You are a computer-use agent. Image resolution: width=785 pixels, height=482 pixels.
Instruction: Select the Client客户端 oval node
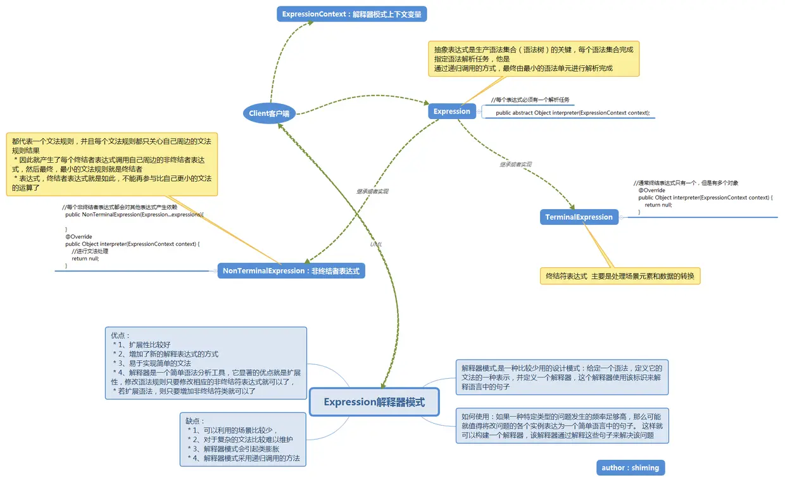click(269, 113)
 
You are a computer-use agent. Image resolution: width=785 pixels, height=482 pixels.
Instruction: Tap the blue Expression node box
click(451, 111)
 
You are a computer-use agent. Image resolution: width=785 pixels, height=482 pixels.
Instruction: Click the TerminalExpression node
click(579, 217)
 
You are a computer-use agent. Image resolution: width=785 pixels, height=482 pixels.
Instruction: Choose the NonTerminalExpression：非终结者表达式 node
click(291, 271)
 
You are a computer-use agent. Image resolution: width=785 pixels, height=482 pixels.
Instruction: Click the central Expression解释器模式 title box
click(374, 402)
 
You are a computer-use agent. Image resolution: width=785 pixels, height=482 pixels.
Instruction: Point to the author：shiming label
click(630, 467)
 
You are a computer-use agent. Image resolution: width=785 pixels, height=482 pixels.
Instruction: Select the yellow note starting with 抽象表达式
click(533, 58)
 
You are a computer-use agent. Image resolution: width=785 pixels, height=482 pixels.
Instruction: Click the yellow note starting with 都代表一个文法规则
click(111, 163)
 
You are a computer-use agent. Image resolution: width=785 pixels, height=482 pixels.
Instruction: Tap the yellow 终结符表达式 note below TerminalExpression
click(620, 276)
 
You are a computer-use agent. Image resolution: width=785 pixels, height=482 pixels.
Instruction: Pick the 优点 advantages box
click(206, 363)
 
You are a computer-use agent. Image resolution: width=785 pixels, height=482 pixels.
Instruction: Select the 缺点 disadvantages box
click(243, 440)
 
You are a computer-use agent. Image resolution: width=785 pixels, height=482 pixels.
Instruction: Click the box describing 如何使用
click(562, 426)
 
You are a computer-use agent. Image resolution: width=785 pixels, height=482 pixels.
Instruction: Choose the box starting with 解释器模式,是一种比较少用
click(562, 377)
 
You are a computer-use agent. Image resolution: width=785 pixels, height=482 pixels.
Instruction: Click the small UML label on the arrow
click(376, 244)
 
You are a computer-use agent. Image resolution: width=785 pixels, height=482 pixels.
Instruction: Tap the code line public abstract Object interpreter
click(572, 113)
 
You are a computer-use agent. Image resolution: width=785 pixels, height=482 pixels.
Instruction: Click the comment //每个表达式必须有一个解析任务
click(530, 99)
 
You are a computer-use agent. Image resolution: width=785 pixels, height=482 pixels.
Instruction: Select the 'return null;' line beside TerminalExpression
click(658, 205)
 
